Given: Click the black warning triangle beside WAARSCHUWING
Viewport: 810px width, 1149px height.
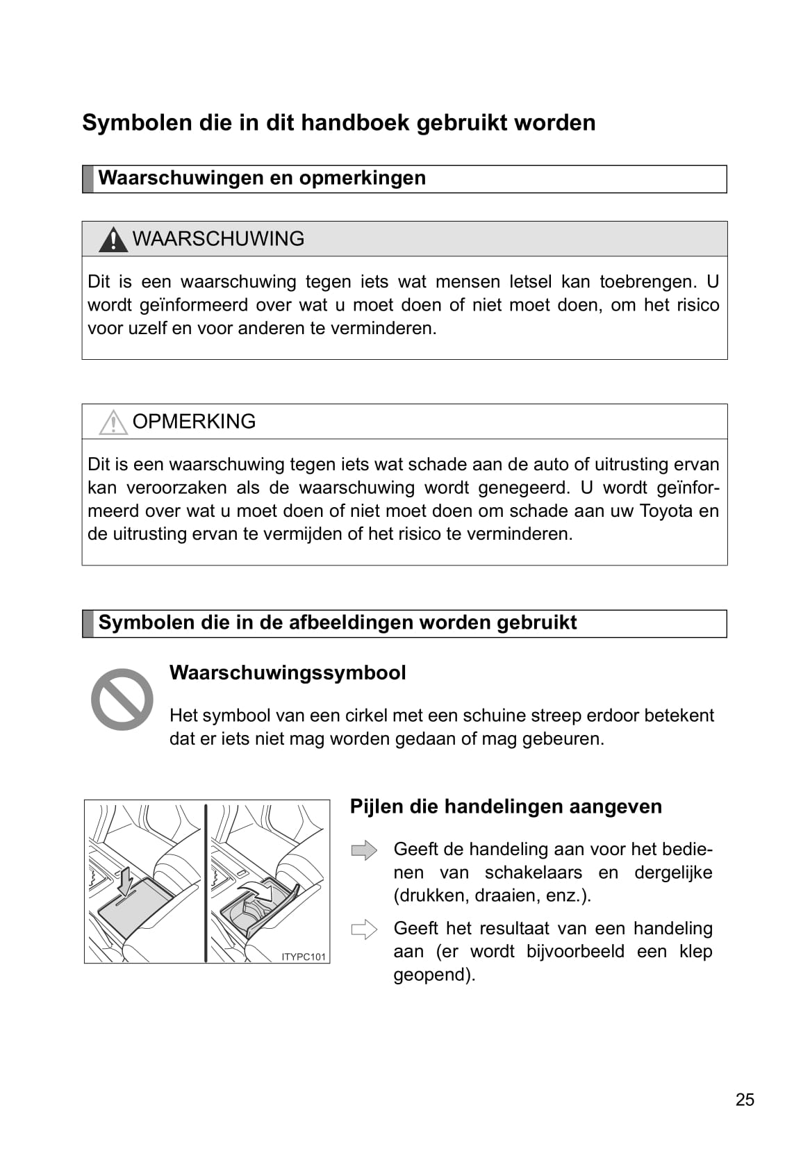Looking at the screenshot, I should [x=113, y=240].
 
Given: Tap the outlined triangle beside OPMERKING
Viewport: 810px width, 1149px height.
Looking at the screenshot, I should [x=113, y=422].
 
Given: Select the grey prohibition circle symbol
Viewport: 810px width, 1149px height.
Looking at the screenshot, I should [x=122, y=699].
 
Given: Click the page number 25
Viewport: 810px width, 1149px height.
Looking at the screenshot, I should [x=745, y=1100].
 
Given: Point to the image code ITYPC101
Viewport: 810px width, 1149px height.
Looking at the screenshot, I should [x=304, y=957].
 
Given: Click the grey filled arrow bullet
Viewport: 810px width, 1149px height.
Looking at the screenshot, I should [x=364, y=850].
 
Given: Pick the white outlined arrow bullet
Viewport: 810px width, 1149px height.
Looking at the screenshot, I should [x=364, y=929].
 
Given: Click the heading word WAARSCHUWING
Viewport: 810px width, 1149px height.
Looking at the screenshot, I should [x=218, y=239].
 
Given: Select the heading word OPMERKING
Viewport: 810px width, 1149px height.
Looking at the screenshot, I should [x=194, y=422].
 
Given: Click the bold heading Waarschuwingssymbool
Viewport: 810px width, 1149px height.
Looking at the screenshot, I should [x=288, y=673].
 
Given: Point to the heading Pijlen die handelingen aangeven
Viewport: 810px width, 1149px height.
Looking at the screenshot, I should [x=506, y=807].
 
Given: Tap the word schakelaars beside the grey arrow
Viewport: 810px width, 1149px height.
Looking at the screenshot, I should [x=534, y=873].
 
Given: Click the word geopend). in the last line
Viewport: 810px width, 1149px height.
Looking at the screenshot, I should [x=434, y=975].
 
